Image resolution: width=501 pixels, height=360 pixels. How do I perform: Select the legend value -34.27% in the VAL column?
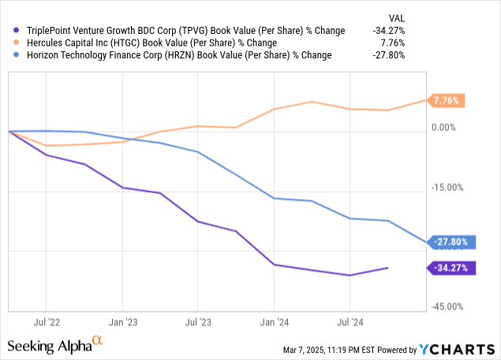(389, 31)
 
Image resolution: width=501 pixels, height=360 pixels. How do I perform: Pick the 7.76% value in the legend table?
(393, 43)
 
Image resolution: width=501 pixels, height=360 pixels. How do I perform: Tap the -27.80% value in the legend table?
(389, 54)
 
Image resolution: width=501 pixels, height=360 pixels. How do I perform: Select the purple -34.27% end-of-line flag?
(452, 268)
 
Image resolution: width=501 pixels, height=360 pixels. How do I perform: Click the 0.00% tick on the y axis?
(443, 127)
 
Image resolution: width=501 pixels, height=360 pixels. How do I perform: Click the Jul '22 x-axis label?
(47, 322)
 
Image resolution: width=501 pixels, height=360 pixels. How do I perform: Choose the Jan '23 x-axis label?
(122, 322)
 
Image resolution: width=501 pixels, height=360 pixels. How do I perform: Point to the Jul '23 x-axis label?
(198, 322)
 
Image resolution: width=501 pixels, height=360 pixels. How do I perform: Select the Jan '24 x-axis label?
(274, 322)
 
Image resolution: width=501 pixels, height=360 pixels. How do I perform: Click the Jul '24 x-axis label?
(350, 322)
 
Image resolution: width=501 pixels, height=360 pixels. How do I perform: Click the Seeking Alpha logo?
(55, 345)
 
